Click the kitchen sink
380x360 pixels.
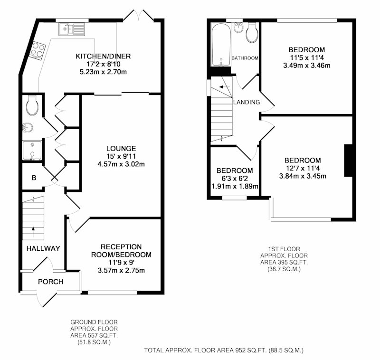pyautogui.click(x=72, y=29)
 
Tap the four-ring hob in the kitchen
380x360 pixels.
pyautogui.click(x=37, y=50)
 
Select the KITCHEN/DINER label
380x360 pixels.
pyautogui.click(x=103, y=56)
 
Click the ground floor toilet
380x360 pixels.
pyautogui.click(x=32, y=105)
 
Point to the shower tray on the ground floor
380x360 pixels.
pyautogui.click(x=32, y=151)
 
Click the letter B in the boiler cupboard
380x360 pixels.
pyautogui.click(x=34, y=178)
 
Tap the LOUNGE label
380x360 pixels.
pyautogui.click(x=121, y=148)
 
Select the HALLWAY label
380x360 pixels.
pyautogui.click(x=43, y=248)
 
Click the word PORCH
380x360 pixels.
pyautogui.click(x=51, y=282)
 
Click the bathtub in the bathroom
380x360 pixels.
pyautogui.click(x=220, y=45)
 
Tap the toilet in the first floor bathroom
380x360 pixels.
pyautogui.click(x=252, y=33)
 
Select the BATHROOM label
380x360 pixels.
pyautogui.click(x=245, y=58)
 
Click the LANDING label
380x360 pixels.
pyautogui.click(x=247, y=102)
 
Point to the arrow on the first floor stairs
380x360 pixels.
pyautogui.click(x=224, y=87)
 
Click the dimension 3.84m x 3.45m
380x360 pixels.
pyautogui.click(x=303, y=176)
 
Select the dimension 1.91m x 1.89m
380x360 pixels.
pyautogui.click(x=235, y=186)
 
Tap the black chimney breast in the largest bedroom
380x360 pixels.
pyautogui.click(x=348, y=161)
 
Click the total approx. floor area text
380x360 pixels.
pyautogui.click(x=224, y=351)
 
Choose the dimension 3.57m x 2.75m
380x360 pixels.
pyautogui.click(x=121, y=270)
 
